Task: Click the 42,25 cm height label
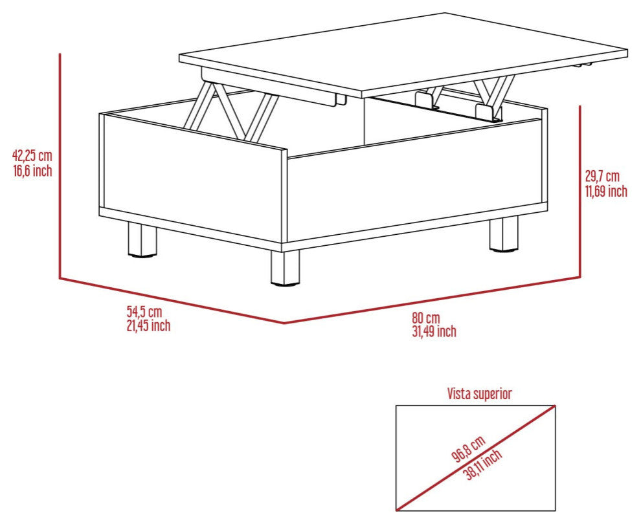pyautogui.click(x=33, y=156)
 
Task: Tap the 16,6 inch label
pyautogui.click(x=33, y=170)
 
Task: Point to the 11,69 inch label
pyautogui.click(x=606, y=191)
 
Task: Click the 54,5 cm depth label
pyautogui.click(x=144, y=312)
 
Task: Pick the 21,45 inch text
pyautogui.click(x=148, y=325)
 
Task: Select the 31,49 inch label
pyautogui.click(x=434, y=331)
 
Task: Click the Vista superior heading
pyautogui.click(x=479, y=394)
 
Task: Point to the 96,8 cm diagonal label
pyautogui.click(x=469, y=448)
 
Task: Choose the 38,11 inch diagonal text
pyautogui.click(x=484, y=464)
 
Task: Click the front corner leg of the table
pyautogui.click(x=285, y=268)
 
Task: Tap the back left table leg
pyautogui.click(x=142, y=240)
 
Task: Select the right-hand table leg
pyautogui.click(x=504, y=234)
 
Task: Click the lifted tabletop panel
pyautogui.click(x=403, y=55)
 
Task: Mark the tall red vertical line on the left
pyautogui.click(x=60, y=166)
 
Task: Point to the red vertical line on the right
pyautogui.click(x=580, y=191)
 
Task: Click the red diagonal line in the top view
pyautogui.click(x=475, y=458)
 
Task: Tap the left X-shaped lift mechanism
pyautogui.click(x=231, y=110)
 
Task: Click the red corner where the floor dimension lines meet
pyautogui.click(x=284, y=323)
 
